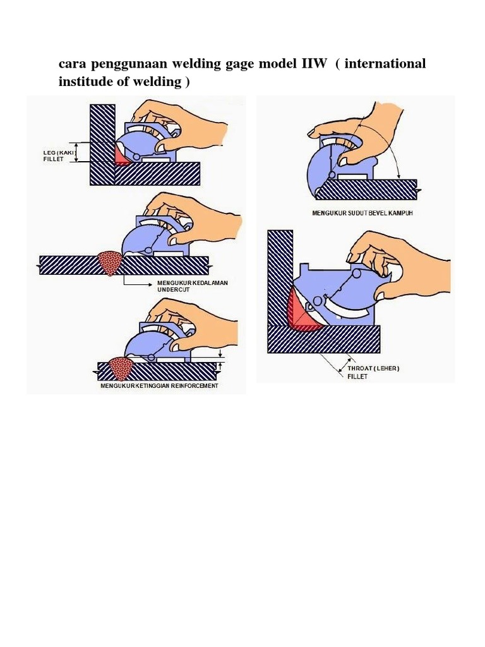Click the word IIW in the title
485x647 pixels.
313,64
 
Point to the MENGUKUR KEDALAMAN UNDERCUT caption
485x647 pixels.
193,286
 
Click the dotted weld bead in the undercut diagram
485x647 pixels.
111,263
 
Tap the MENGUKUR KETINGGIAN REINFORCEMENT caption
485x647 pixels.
159,385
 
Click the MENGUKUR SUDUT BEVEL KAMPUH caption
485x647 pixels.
362,213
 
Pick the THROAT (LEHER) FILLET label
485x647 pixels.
373,372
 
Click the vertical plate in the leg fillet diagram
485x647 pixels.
102,145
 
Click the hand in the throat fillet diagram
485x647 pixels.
404,264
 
